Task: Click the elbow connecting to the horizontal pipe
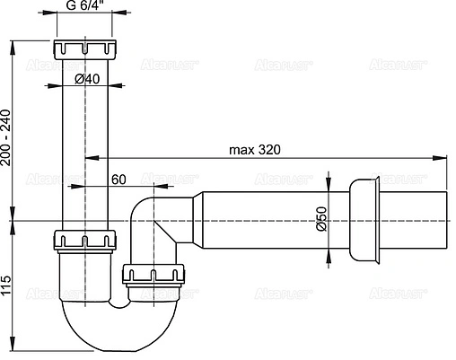(148, 215)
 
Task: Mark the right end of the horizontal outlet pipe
(445, 221)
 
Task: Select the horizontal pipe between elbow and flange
(269, 221)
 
